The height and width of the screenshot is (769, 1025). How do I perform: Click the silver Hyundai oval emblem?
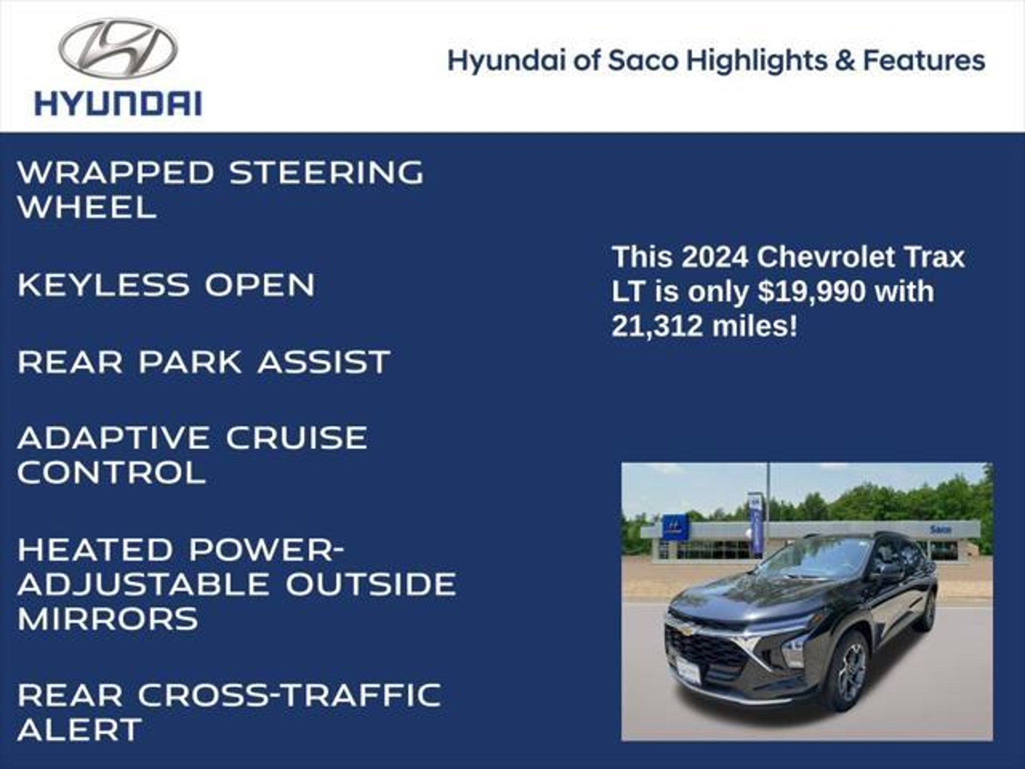(x=118, y=48)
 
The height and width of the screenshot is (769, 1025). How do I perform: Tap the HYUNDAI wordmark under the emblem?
(x=118, y=103)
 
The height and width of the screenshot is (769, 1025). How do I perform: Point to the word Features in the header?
(x=924, y=61)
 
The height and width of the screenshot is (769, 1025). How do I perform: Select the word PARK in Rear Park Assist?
(x=190, y=361)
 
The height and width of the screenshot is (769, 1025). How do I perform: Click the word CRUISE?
(x=297, y=438)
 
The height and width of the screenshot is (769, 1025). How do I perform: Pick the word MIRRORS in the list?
(x=108, y=618)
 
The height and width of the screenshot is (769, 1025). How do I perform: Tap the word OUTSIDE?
(x=371, y=584)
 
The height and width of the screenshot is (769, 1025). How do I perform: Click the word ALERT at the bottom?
(x=80, y=729)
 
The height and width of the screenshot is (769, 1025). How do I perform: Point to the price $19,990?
(x=811, y=291)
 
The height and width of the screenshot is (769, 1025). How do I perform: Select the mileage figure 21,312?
(x=658, y=326)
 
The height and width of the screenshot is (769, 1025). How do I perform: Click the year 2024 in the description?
(x=715, y=257)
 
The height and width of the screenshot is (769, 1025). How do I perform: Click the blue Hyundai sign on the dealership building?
(x=676, y=527)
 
